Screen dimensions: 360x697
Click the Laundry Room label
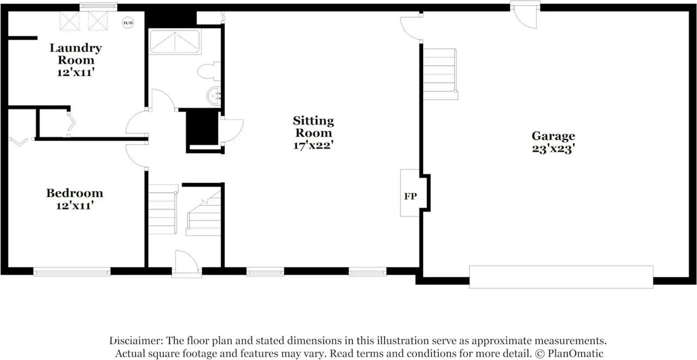pyautogui.click(x=76, y=53)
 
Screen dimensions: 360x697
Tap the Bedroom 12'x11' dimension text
pyautogui.click(x=74, y=206)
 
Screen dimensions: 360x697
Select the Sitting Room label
pyautogui.click(x=313, y=126)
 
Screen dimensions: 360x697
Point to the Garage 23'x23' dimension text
pyautogui.click(x=553, y=148)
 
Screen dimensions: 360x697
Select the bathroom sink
pyautogui.click(x=213, y=96)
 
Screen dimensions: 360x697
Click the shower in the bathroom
pyautogui.click(x=175, y=41)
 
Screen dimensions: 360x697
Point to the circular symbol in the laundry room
pyautogui.click(x=128, y=22)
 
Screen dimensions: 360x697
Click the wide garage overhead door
pyautogui.click(x=561, y=276)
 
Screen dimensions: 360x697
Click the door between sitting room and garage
pyautogui.click(x=411, y=28)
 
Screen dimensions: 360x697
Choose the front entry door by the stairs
pyautogui.click(x=187, y=264)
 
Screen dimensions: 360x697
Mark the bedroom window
pyautogui.click(x=71, y=271)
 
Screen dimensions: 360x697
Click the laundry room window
pyautogui.click(x=98, y=7)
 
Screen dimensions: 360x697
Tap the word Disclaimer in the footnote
pyautogui.click(x=135, y=341)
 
